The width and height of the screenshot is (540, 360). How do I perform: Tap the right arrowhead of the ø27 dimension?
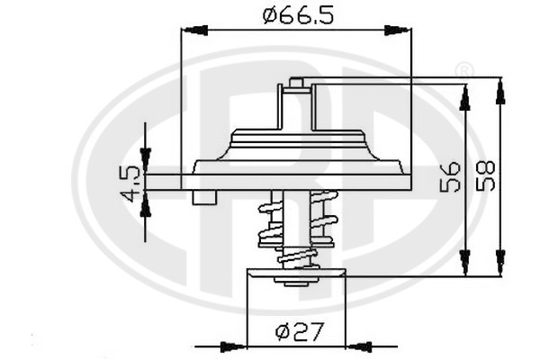[x=358, y=345]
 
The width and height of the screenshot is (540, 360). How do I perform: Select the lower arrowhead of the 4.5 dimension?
[x=146, y=202]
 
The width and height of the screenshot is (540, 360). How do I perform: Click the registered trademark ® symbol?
[x=463, y=70]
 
